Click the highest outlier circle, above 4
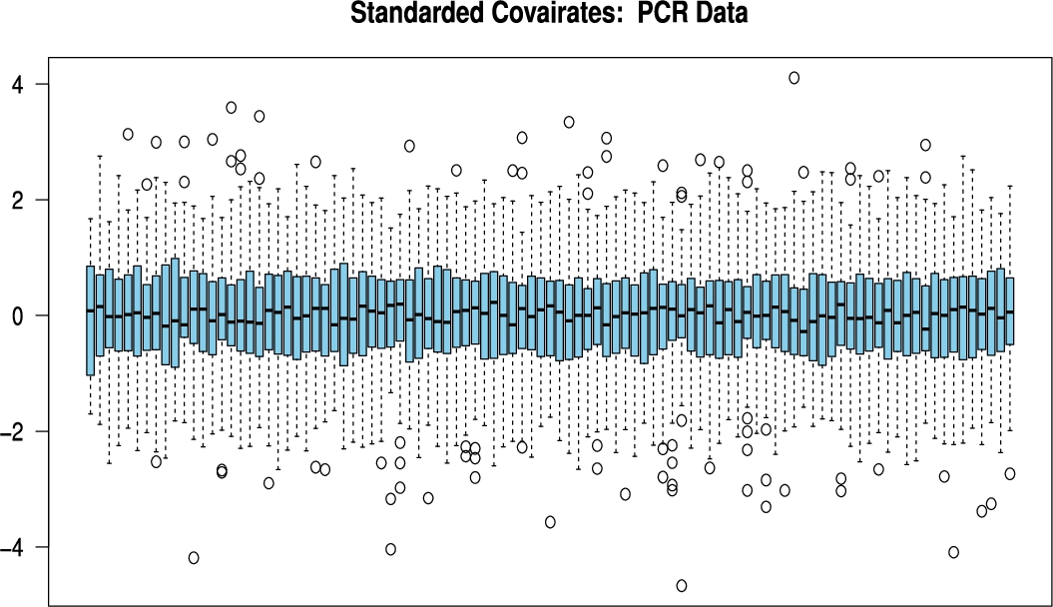coord(794,78)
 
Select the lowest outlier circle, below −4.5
coord(682,585)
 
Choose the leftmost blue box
coord(90,319)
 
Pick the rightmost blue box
coord(1010,310)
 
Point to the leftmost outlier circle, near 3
coord(128,134)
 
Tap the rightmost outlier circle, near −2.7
coord(1010,473)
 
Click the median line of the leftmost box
coord(90,310)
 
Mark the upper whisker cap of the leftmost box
coord(90,219)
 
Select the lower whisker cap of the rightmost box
coord(1010,431)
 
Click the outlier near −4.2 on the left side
coord(194,557)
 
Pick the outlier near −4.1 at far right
coord(954,552)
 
